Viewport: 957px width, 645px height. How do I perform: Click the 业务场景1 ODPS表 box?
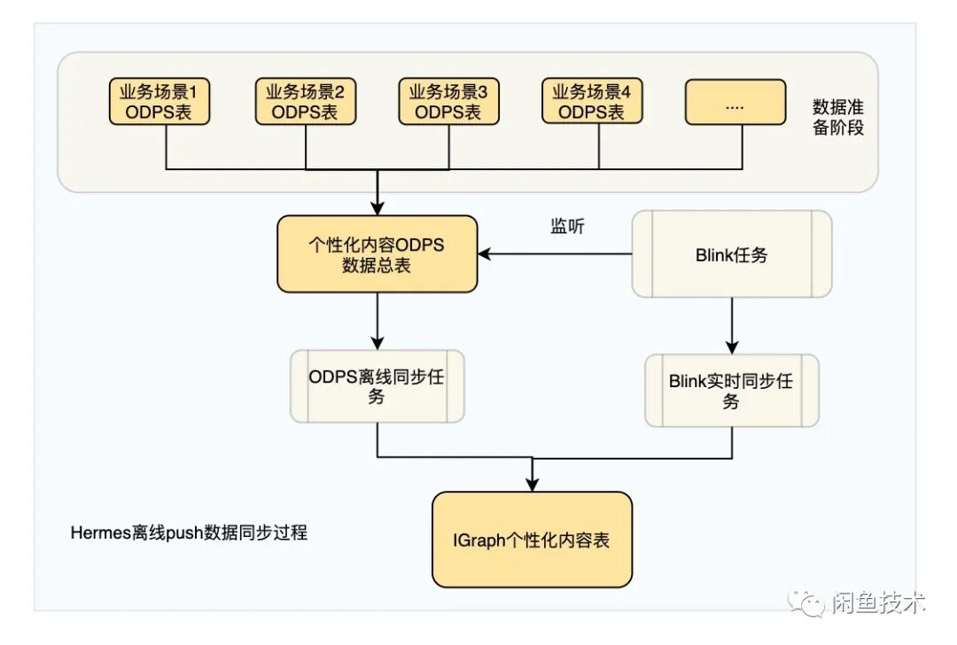(x=160, y=101)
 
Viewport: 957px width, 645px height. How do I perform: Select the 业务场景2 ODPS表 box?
(x=305, y=101)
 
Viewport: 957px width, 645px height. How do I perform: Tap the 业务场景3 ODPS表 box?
(x=448, y=101)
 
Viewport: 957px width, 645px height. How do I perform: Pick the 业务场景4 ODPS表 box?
(x=592, y=101)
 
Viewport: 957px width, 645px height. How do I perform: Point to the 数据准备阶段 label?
(x=837, y=117)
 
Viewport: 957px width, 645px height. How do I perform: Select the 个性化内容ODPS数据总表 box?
(x=377, y=254)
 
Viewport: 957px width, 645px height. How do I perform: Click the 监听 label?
(x=567, y=226)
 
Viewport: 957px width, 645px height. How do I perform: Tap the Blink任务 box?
(x=731, y=254)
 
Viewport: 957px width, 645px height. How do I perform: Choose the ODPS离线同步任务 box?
(x=377, y=386)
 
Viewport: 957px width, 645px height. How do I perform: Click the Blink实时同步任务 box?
(x=731, y=391)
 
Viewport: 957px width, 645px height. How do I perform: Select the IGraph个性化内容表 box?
(x=532, y=540)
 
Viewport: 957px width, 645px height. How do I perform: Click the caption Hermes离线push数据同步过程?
(x=189, y=533)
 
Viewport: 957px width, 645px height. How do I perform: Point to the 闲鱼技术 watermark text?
(x=878, y=603)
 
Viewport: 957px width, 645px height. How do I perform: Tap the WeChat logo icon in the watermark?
(x=809, y=603)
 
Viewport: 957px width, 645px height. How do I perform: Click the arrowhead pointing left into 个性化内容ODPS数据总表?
(x=486, y=254)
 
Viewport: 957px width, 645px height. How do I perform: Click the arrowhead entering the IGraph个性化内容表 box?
(x=532, y=484)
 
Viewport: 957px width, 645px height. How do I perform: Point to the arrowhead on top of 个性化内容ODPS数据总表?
(x=377, y=208)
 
